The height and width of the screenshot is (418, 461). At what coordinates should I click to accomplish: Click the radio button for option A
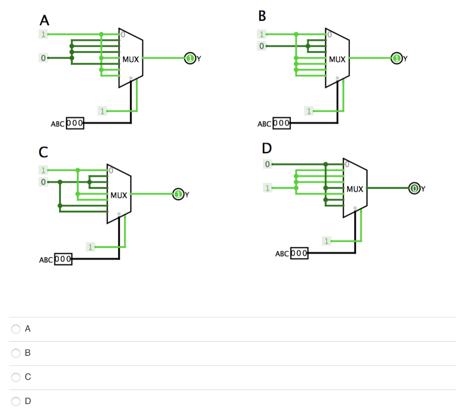click(16, 329)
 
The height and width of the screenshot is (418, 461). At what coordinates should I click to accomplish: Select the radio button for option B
click(16, 353)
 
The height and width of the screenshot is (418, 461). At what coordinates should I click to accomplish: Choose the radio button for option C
click(16, 377)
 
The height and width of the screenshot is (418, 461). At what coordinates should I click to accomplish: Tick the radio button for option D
click(16, 401)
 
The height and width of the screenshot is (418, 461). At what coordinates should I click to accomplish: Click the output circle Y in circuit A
click(190, 58)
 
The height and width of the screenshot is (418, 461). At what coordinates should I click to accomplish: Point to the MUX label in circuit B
click(337, 59)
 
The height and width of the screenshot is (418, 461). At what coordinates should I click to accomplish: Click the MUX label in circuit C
click(119, 195)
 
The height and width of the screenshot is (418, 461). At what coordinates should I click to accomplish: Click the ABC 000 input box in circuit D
click(299, 253)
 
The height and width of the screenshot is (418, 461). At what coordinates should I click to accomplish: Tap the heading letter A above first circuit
click(44, 20)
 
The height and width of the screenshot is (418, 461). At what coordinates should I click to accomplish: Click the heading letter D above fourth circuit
click(267, 148)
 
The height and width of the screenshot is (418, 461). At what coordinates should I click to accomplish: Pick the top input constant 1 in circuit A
click(43, 34)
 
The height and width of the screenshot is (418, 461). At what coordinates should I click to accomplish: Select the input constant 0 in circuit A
click(43, 58)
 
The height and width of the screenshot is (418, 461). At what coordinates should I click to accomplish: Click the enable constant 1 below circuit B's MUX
click(308, 111)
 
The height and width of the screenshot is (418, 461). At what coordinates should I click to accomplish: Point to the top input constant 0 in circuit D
click(267, 164)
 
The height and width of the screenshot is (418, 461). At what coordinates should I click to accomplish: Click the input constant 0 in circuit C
click(43, 182)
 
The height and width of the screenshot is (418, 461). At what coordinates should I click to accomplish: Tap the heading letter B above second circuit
click(262, 17)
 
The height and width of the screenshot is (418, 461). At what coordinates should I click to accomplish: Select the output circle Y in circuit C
click(178, 195)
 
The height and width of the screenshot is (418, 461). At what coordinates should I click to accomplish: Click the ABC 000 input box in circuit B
click(281, 123)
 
